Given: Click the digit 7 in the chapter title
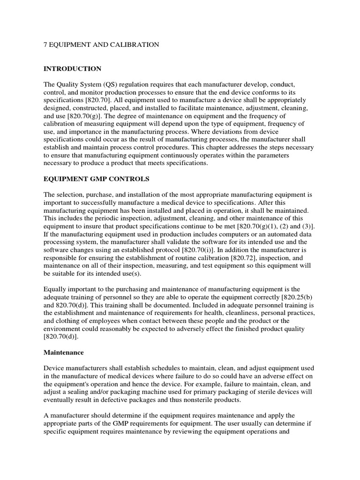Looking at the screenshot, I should click(x=45, y=45).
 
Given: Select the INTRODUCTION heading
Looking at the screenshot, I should click(x=72, y=69).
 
